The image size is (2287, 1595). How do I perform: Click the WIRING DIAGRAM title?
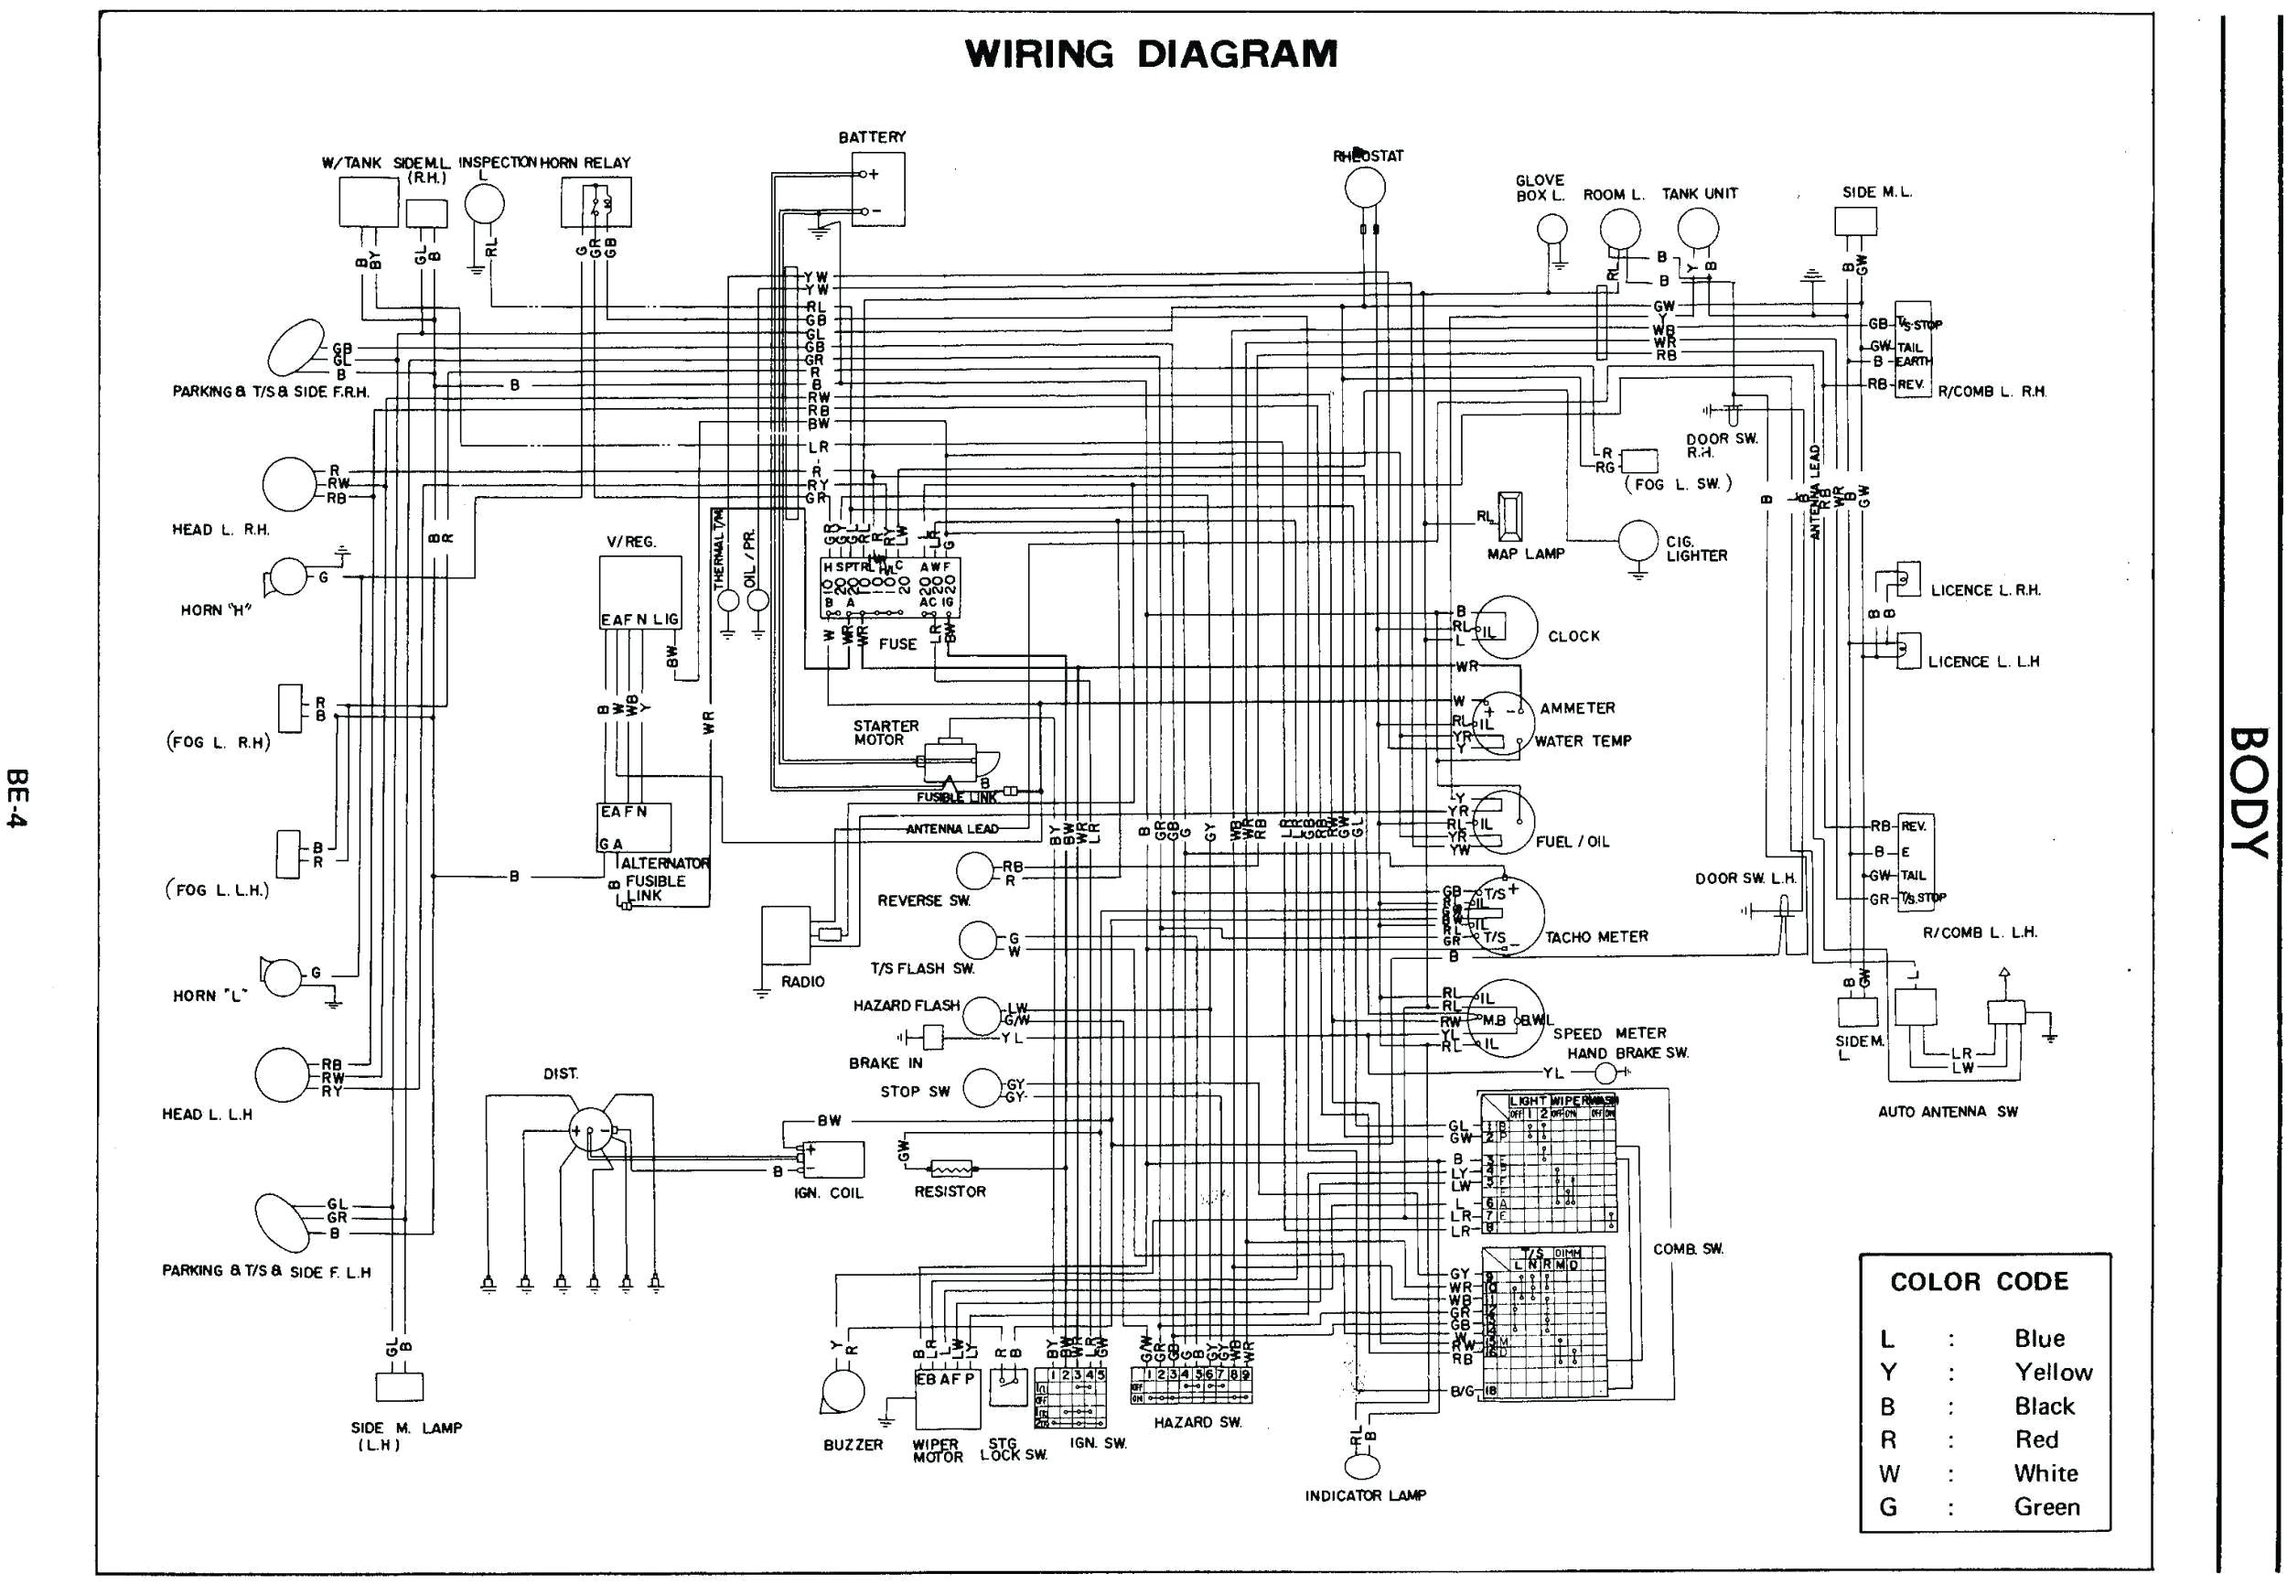(x=1152, y=54)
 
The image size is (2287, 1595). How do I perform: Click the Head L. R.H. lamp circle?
(x=290, y=484)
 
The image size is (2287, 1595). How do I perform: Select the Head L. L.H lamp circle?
(x=284, y=1075)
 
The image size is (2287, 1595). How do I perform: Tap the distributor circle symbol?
(x=590, y=1130)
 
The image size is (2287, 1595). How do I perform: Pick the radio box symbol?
(x=787, y=934)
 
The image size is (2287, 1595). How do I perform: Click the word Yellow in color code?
(x=2053, y=1372)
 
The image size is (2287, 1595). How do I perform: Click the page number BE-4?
(x=18, y=797)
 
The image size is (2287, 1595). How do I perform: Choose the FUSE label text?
(x=897, y=643)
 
